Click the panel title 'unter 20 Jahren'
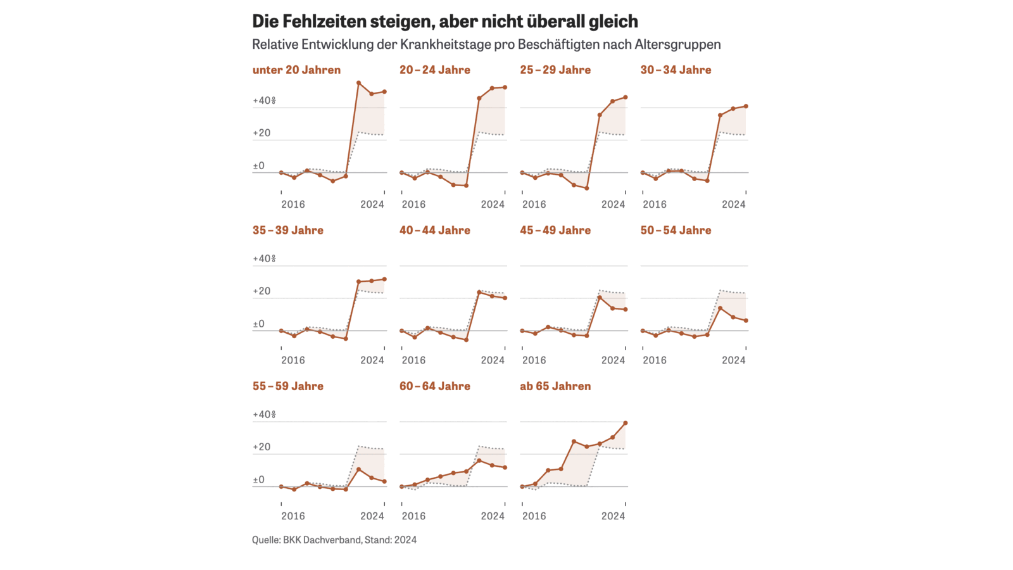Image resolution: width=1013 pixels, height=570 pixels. click(x=296, y=70)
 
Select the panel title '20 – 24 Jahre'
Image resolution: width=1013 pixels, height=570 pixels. click(x=434, y=70)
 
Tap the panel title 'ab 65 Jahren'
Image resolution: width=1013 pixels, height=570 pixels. click(x=555, y=386)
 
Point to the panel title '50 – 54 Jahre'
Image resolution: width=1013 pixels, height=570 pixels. click(x=676, y=231)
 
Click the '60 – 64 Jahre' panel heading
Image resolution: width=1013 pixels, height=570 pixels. click(x=434, y=386)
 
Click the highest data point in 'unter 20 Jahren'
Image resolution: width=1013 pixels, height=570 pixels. click(x=358, y=83)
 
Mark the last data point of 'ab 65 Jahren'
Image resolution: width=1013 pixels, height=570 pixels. click(x=626, y=423)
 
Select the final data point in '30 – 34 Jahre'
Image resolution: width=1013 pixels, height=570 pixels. click(x=746, y=106)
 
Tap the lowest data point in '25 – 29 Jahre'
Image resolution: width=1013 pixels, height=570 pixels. click(x=587, y=188)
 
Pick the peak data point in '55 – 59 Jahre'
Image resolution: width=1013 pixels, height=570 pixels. click(x=358, y=469)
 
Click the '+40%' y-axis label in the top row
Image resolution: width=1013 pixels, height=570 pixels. click(x=264, y=101)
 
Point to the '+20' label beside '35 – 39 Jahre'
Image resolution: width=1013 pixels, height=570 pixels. click(x=261, y=291)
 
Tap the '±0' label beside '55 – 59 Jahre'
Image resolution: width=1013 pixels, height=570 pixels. click(x=258, y=480)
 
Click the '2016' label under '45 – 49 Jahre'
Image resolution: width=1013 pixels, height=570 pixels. click(x=534, y=360)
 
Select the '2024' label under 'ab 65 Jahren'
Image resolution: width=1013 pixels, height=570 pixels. click(x=613, y=516)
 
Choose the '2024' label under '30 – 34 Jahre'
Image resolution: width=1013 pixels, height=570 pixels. click(x=733, y=205)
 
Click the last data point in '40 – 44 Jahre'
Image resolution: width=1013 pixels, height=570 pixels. click(x=505, y=298)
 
